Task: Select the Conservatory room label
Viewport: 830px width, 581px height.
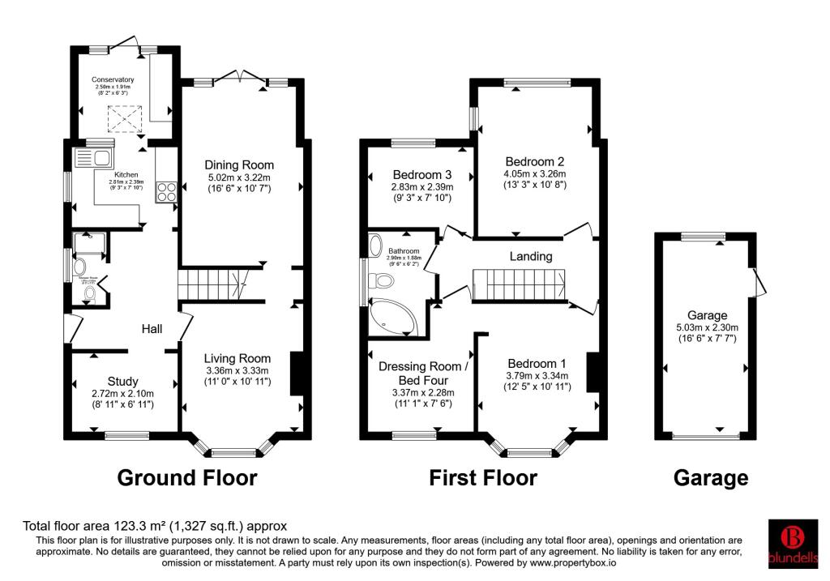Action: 113,79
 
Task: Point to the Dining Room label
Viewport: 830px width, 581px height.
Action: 241,165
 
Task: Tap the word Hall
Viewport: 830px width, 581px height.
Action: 152,329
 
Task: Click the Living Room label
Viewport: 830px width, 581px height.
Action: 237,358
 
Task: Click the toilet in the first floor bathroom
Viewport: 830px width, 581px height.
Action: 381,281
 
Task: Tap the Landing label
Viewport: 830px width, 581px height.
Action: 531,256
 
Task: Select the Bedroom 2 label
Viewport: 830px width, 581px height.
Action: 534,160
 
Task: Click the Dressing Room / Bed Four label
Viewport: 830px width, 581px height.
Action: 422,373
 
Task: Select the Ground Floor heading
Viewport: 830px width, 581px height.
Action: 187,478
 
